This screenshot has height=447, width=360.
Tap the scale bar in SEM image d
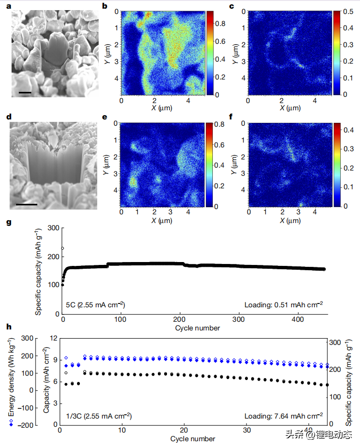26,204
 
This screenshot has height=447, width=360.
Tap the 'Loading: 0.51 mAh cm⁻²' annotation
283,304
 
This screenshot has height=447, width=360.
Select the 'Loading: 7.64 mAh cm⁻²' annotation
283,416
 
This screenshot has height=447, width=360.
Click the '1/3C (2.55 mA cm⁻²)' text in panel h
99,416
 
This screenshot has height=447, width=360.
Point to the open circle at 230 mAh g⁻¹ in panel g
63,249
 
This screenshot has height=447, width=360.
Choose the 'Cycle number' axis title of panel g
197,328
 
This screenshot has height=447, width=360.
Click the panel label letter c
232,6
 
